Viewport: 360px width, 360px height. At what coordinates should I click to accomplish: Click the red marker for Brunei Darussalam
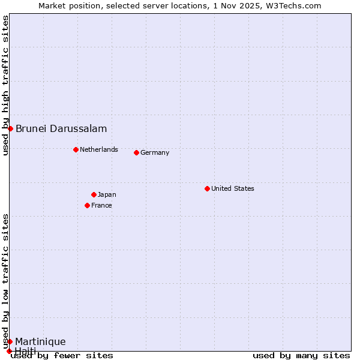10,128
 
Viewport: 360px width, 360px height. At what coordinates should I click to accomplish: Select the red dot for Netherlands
76,149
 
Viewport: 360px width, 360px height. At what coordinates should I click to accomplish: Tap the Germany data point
136,152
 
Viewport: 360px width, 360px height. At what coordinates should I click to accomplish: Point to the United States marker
207,188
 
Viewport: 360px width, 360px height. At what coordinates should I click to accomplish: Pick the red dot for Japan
94,194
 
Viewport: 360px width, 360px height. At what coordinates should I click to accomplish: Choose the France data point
87,205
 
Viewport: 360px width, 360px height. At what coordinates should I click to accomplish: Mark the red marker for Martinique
10,341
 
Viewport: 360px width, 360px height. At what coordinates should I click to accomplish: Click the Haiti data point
9,351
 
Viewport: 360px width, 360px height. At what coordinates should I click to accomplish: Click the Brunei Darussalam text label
61,128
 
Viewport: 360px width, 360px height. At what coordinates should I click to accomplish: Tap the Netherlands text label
99,149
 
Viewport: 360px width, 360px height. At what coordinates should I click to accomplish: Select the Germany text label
155,152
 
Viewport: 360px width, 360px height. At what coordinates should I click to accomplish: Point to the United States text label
233,188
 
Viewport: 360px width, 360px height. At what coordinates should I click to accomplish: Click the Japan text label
107,194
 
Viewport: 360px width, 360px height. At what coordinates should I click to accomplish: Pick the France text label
101,205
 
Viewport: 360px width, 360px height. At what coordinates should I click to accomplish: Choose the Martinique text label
40,341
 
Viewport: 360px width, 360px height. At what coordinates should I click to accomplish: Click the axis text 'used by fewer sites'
62,355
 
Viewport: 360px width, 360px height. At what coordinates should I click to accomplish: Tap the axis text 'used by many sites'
301,355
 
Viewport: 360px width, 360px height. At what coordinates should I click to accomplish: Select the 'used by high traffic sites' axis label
5,85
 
